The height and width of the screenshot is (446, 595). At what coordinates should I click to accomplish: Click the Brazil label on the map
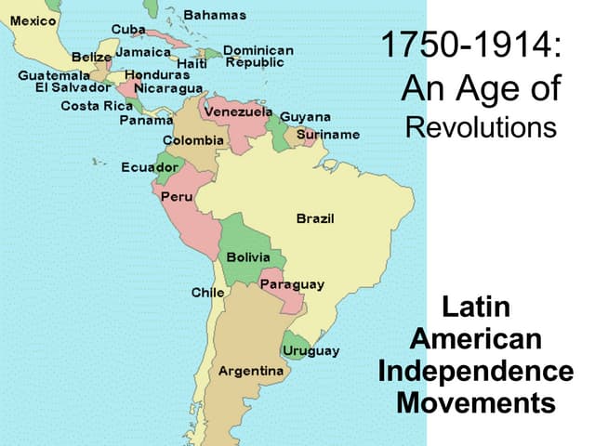tap(315, 218)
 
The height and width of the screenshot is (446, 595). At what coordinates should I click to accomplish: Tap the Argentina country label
tap(251, 371)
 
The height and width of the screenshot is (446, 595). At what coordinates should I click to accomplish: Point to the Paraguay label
tap(292, 284)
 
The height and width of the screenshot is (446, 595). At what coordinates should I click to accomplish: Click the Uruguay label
tap(311, 351)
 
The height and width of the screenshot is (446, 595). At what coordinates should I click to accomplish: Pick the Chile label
tap(207, 292)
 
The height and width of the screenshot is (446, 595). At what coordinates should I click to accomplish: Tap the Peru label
tap(177, 197)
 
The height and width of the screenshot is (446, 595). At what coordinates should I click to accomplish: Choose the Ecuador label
tap(150, 167)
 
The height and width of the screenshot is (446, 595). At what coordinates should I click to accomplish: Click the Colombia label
tap(193, 139)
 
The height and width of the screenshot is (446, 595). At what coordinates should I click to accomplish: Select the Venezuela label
tap(237, 111)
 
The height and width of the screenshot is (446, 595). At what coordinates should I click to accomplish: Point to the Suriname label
tap(328, 134)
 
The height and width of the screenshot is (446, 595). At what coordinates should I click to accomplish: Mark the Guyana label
tap(305, 117)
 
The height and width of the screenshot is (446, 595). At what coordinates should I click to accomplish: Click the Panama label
tap(146, 120)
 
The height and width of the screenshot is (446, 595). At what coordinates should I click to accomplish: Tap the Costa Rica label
tap(97, 105)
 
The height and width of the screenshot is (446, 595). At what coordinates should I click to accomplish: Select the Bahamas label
tap(215, 15)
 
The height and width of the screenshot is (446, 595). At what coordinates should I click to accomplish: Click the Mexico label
tap(33, 20)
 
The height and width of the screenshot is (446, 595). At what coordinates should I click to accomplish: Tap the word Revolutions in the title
tap(482, 127)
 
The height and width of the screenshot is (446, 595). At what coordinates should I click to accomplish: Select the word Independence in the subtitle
tap(476, 372)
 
